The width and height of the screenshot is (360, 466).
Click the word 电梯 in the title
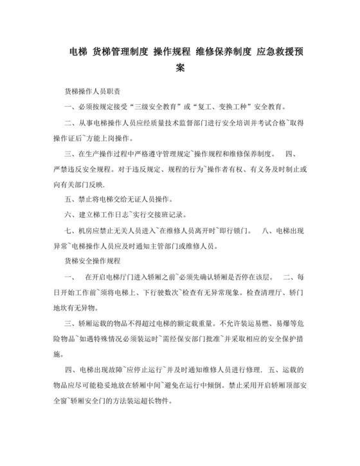click(78, 51)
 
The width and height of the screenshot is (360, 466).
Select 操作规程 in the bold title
click(172, 51)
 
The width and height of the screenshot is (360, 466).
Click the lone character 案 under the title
click(180, 67)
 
